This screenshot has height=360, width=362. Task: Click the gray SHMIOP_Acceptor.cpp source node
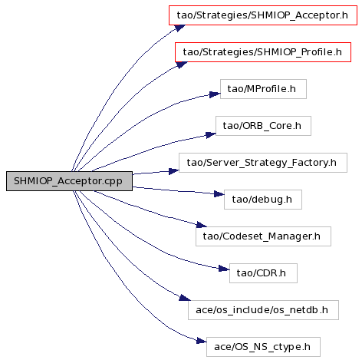coord(69,181)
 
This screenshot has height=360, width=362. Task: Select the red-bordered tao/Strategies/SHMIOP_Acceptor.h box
coord(263,15)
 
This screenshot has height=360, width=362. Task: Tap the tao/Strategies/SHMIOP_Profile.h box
coord(263,52)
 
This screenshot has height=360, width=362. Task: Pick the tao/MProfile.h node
coord(263,89)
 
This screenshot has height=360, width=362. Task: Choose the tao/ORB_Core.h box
coord(263,126)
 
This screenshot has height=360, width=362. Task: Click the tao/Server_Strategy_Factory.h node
coord(263,163)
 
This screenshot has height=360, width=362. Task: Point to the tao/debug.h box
coord(263,200)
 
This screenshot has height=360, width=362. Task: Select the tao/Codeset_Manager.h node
coord(263,236)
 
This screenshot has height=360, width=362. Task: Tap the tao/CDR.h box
coord(263,273)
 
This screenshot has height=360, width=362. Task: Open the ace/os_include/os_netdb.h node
coord(263,310)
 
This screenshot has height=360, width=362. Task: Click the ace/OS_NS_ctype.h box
coord(263,347)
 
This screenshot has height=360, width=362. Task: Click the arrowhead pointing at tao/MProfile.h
coord(215,94)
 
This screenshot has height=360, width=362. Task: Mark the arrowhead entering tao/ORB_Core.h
coord(211,135)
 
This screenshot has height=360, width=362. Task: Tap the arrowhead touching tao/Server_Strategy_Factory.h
coord(174,171)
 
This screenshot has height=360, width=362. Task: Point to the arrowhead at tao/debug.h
coord(219,194)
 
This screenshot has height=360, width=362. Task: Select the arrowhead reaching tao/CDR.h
coord(224,269)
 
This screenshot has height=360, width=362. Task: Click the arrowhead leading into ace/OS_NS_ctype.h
coord(202,341)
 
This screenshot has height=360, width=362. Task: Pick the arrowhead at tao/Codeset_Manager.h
coord(202,225)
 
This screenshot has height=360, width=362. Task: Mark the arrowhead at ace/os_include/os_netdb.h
coord(185,298)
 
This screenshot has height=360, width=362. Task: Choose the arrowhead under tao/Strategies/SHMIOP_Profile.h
coord(182,64)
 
